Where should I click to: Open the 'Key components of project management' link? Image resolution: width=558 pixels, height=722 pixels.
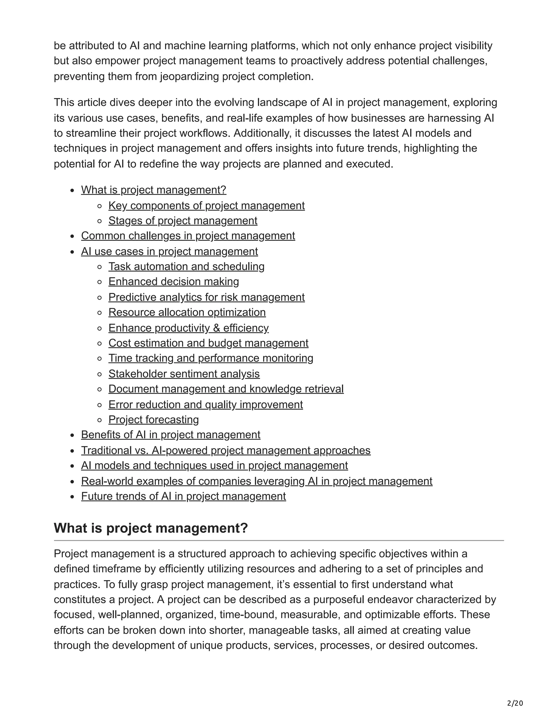[x=206, y=205]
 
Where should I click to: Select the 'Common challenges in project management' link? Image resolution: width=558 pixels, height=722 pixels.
[x=188, y=236]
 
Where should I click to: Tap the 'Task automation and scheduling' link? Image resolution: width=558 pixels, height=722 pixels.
[x=186, y=266]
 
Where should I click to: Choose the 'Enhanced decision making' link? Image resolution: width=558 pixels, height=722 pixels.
[x=174, y=282]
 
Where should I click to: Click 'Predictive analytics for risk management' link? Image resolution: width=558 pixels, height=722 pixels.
[x=206, y=297]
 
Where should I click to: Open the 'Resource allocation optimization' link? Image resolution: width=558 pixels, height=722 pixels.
[x=187, y=313]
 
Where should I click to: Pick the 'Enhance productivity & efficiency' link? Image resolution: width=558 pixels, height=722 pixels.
[x=189, y=328]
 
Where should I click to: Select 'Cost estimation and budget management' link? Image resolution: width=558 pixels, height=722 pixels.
[x=208, y=343]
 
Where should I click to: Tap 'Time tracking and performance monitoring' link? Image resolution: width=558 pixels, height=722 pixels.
[x=211, y=358]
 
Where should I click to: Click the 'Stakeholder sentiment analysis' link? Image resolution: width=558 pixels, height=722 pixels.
[x=184, y=374]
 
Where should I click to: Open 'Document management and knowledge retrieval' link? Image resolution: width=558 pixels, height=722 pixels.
[x=226, y=389]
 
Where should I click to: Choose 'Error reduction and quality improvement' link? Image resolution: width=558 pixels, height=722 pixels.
[x=205, y=405]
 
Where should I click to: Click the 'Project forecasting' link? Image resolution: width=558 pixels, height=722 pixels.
[x=153, y=420]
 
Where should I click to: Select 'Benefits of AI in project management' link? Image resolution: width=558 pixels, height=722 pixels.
[x=171, y=435]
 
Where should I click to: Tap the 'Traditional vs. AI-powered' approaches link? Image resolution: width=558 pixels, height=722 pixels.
[x=225, y=451]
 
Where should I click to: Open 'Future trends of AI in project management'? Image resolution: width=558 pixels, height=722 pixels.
[x=183, y=496]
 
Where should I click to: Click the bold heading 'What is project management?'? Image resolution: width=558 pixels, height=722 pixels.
[x=151, y=528]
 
